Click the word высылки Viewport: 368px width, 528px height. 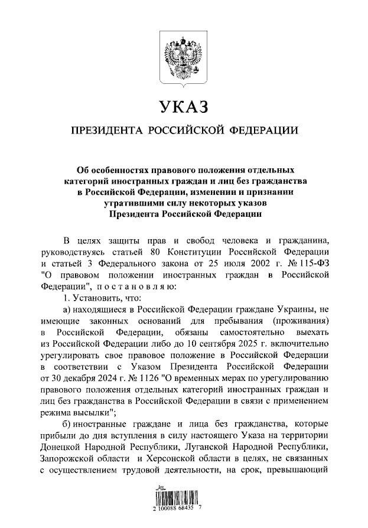[x=89, y=411]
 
